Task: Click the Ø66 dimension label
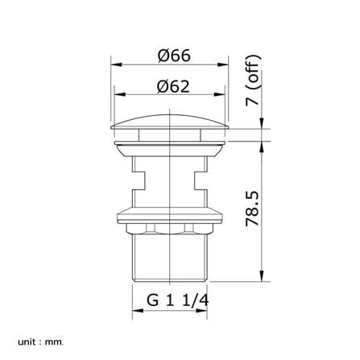point(174,56)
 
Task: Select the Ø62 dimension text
point(173,86)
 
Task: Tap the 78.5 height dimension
point(253,209)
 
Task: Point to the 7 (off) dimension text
point(253,81)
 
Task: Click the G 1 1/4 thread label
point(177,300)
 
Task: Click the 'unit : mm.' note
point(41,342)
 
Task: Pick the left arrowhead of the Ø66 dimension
point(116,64)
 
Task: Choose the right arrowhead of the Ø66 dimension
point(223,64)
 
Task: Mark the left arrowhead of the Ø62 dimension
point(120,94)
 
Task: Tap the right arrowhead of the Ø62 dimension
point(219,94)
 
